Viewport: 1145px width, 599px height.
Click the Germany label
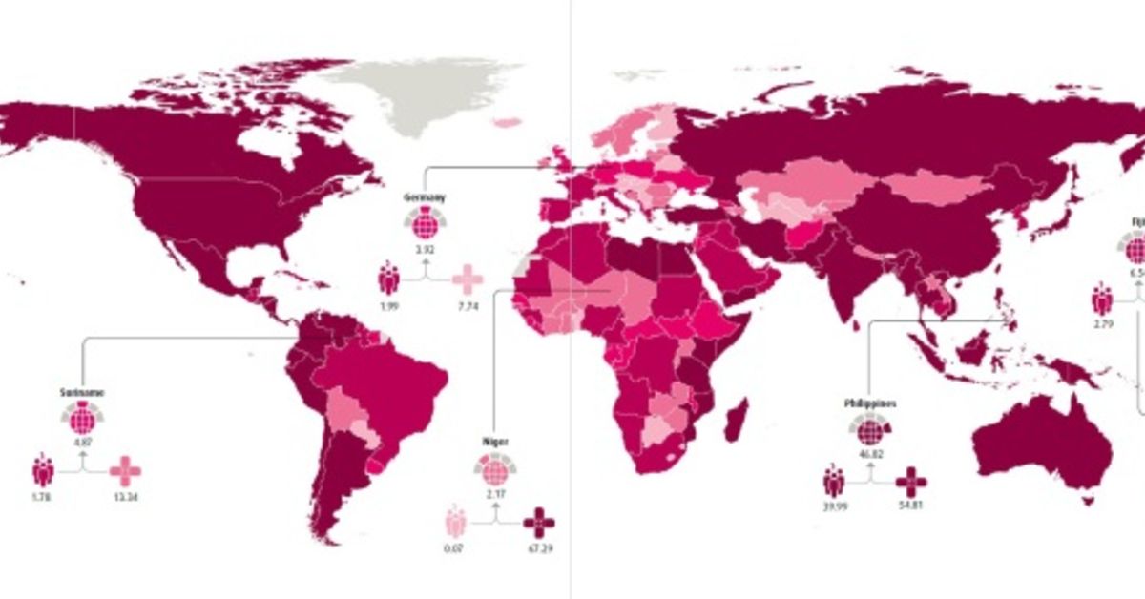[x=425, y=197]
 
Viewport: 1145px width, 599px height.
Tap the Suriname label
[x=81, y=392]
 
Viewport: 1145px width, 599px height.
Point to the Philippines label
[x=868, y=403]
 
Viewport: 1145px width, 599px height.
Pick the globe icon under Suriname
[x=81, y=418]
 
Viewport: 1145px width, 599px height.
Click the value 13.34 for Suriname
[x=125, y=496]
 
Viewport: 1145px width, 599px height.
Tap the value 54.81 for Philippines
[x=911, y=506]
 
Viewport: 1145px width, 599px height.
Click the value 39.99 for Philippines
[x=833, y=506]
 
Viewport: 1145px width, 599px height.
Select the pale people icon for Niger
[x=454, y=524]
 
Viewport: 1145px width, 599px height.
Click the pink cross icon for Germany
[x=468, y=279]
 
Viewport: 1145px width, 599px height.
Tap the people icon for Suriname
[x=42, y=470]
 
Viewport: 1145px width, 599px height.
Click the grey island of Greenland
[x=420, y=95]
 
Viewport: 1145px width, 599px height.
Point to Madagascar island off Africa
[x=736, y=420]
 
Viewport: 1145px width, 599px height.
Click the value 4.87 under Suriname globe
[x=81, y=442]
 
